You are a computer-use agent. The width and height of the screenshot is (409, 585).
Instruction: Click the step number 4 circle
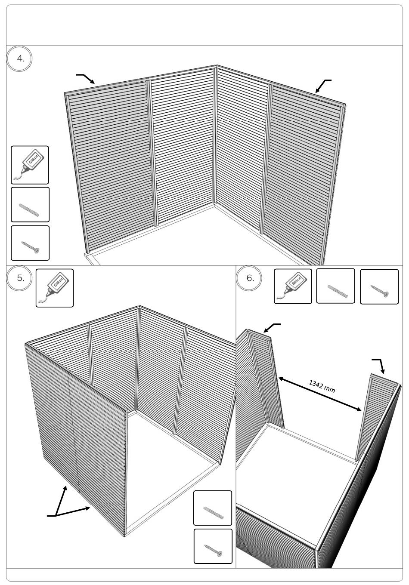(19, 58)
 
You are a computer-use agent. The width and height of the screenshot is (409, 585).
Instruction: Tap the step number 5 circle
(19, 277)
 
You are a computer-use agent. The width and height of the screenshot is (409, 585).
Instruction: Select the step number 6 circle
(249, 277)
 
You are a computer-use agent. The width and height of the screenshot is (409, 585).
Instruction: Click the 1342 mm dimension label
(322, 386)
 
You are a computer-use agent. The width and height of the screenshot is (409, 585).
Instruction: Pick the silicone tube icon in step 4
(30, 165)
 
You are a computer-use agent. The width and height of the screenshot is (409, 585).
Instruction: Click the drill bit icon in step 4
(30, 204)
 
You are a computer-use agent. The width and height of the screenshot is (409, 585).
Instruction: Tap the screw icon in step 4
(30, 243)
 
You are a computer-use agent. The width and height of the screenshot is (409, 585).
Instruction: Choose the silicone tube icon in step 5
(55, 288)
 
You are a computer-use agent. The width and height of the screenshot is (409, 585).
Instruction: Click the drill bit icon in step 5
(213, 508)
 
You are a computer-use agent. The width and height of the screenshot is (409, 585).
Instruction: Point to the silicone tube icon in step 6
(293, 286)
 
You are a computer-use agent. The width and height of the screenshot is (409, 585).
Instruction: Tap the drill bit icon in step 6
(335, 286)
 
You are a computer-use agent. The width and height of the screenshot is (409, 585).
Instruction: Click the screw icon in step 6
(379, 286)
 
